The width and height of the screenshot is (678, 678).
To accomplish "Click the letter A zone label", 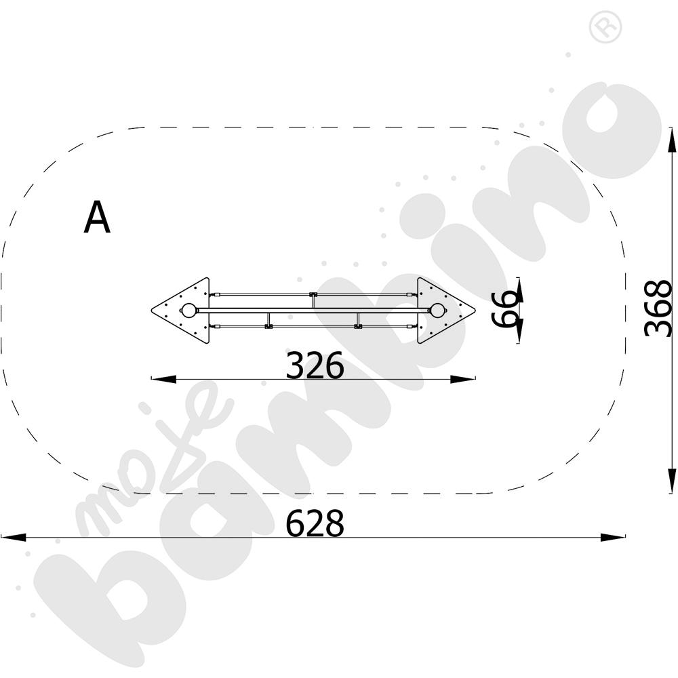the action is point(97,218).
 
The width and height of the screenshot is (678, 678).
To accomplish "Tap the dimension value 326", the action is point(315,365).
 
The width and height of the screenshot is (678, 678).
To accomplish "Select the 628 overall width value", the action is point(315,523).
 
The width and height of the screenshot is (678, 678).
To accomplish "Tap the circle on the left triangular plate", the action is point(188,311).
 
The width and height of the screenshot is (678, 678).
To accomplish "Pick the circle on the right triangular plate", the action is point(437,311).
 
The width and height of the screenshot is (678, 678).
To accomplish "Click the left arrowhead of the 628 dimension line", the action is point(13,538).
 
